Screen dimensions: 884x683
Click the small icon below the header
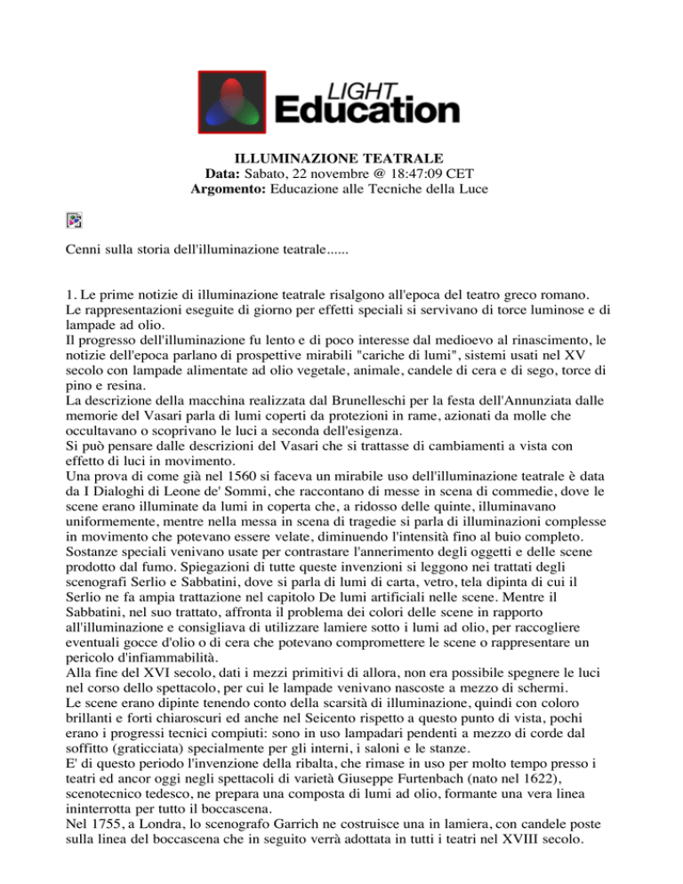pos(75,222)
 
